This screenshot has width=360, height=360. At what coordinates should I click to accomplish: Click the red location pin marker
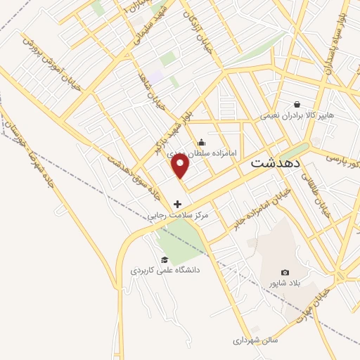click(x=181, y=166)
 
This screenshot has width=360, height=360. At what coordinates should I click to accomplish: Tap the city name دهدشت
click(x=276, y=162)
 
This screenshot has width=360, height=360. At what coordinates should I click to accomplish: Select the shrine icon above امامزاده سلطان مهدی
click(x=201, y=143)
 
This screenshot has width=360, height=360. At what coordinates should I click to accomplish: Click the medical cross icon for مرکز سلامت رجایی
click(x=176, y=204)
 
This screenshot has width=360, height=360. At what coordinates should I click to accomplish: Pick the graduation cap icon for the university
click(x=164, y=260)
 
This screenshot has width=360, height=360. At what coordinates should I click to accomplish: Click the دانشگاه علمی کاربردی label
click(x=165, y=270)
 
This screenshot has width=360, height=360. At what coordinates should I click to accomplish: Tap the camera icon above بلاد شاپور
click(x=285, y=272)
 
